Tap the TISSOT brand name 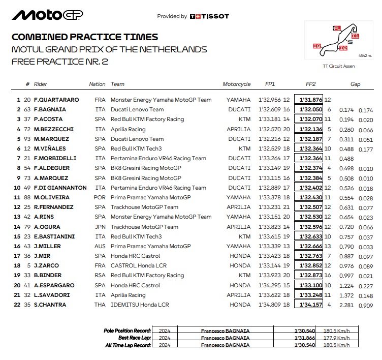pos(212,16)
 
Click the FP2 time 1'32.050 pos(311,109)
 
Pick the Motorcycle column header pos(236,84)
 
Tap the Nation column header pos(97,84)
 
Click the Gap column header pos(356,84)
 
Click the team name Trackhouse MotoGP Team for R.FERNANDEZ pos(144,207)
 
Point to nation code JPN pos(101,227)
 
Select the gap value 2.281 pos(346,305)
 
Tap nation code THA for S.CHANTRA pos(101,305)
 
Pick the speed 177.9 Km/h pos(337,338)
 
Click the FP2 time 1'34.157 pos(311,305)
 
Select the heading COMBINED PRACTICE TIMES pos(84,37)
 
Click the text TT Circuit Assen pos(338,66)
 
